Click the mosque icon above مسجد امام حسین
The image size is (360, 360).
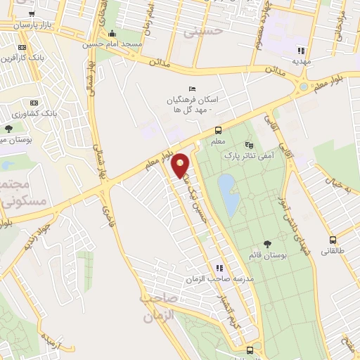point(112,32)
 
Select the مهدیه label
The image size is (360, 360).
point(303,61)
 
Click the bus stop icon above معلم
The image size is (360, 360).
point(218,130)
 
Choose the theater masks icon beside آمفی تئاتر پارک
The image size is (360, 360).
point(247,144)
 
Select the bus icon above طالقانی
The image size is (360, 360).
point(333,240)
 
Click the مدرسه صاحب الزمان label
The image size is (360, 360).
point(219,279)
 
